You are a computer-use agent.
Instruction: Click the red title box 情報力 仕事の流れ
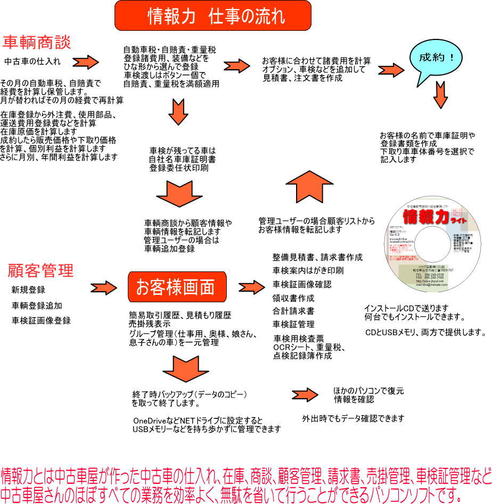point(212,15)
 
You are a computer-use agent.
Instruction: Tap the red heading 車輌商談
point(37,42)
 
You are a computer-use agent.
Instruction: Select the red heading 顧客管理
point(40,270)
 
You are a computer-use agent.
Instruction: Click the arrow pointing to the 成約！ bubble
point(391,70)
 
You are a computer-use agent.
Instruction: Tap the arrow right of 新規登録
point(103,288)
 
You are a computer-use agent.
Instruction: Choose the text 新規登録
point(28,290)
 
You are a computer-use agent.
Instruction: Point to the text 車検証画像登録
point(41,320)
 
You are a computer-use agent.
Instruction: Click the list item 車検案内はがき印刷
point(308,270)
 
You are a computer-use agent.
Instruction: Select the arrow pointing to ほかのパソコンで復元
point(305,395)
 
